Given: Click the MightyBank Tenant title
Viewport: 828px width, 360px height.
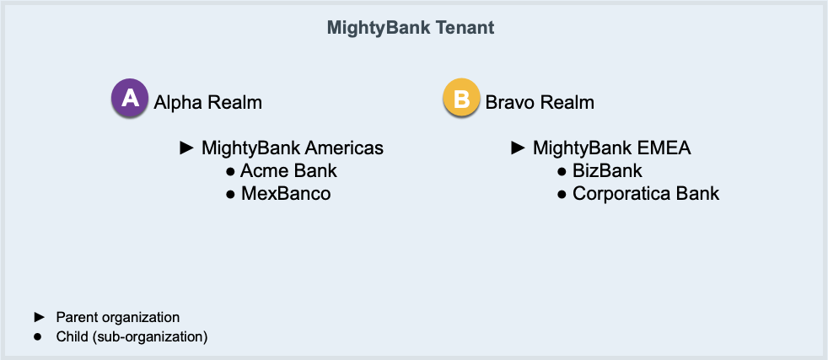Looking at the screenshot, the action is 411,28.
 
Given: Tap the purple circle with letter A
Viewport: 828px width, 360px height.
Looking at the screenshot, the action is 129,98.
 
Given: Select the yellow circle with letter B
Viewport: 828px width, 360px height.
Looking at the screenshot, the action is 461,98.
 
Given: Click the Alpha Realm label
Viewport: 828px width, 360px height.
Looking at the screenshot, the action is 208,102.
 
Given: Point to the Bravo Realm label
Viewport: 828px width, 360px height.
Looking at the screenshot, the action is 540,102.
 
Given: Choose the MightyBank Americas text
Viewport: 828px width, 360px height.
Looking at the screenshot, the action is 293,148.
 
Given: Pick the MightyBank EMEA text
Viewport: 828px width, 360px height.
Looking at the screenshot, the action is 612,148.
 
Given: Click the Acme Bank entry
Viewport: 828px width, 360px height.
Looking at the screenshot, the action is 289,171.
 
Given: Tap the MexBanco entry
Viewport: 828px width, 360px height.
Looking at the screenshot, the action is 286,194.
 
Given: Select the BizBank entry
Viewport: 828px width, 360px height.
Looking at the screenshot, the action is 607,171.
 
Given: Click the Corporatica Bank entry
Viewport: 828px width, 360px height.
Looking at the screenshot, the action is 646,194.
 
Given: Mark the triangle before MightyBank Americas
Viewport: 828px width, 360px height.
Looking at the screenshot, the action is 187,148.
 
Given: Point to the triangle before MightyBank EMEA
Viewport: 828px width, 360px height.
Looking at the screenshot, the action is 519,148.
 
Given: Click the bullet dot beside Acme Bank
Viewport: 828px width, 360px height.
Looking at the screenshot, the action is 230,172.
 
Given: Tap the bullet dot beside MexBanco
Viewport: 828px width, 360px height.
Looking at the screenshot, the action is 230,195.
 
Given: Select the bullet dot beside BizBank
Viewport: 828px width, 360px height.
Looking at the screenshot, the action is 562,172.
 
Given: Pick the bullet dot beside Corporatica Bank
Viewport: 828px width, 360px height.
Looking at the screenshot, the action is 562,195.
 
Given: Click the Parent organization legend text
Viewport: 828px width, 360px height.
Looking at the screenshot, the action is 118,318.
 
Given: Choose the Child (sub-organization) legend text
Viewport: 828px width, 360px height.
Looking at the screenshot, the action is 132,336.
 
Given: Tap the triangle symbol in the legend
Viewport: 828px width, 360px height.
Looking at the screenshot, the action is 40,317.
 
